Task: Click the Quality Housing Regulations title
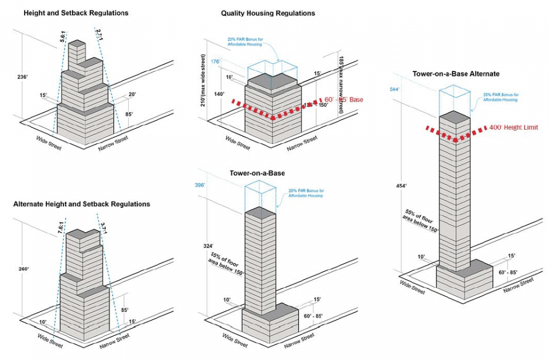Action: coord(268,13)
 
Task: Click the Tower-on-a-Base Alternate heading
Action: coord(456,74)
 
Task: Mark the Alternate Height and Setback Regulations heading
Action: coord(81,204)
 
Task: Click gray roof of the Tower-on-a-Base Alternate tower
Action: coord(456,118)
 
